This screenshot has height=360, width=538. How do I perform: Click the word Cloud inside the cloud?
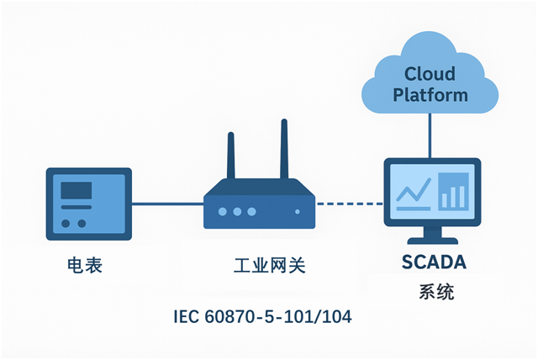point(430,74)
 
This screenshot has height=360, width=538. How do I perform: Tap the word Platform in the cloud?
point(430,95)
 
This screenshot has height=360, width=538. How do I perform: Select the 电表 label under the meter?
point(84,267)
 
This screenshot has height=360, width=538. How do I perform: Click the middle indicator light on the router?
point(239,212)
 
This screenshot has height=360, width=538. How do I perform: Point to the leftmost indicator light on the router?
point(225,212)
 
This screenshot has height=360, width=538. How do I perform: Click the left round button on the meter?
point(66,223)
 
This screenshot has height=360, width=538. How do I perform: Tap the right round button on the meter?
point(82,223)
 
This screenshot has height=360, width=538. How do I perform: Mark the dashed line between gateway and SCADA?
point(348,203)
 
